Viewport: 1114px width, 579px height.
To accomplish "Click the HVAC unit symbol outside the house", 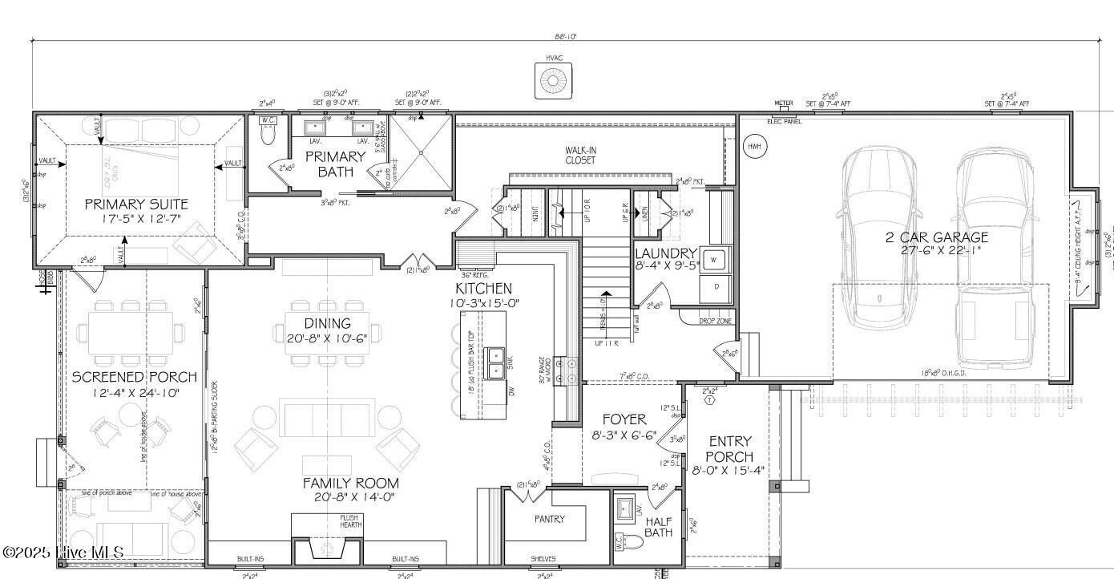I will [x=552, y=80].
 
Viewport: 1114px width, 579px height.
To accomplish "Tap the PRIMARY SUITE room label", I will [x=136, y=204].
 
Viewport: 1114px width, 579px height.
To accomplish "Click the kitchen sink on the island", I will [x=494, y=358].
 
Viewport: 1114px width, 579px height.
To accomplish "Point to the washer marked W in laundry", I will [x=716, y=259].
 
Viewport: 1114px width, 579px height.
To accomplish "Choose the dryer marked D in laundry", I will [x=716, y=287].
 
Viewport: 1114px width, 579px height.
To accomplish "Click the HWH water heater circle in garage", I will [x=753, y=147].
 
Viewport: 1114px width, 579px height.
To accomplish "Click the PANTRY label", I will [x=550, y=519].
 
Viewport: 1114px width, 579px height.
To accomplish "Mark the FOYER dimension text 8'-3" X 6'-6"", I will [x=624, y=435].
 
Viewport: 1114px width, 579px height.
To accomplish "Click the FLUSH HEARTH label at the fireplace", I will [x=349, y=521].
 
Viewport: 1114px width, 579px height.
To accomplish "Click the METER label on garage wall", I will [x=783, y=103].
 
